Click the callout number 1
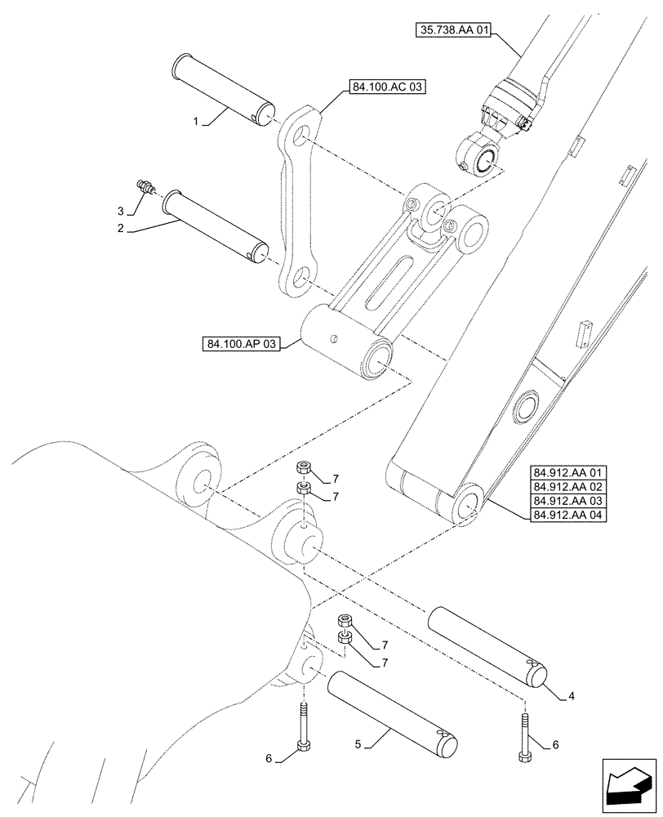195,121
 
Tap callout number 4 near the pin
571,696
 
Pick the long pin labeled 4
489,645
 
